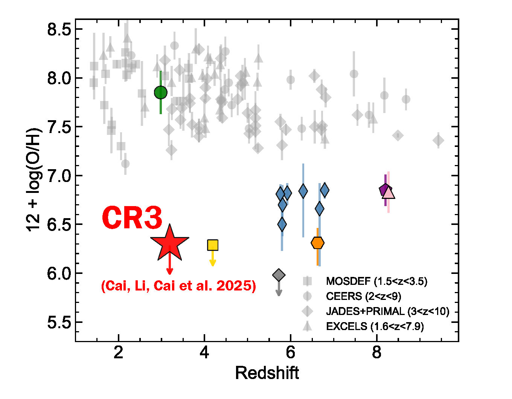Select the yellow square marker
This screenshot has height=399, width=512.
tap(213, 245)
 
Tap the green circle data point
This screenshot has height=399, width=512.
tap(161, 92)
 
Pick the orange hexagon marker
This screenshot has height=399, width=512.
tap(318, 243)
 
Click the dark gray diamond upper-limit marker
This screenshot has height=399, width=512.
tap(279, 275)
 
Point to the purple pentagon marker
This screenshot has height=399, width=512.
tap(384, 190)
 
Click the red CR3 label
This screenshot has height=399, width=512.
tap(132, 218)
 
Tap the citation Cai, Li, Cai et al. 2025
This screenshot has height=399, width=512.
tap(178, 286)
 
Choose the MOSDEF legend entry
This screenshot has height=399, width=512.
tap(376, 281)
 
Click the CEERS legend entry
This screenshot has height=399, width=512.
tap(363, 296)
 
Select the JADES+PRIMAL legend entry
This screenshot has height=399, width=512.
tap(387, 311)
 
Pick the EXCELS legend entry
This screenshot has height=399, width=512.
tap(375, 326)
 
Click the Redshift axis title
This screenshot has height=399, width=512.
tap(267, 373)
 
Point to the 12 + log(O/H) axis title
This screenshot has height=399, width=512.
tap(34, 179)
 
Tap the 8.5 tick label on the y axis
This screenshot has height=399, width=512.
tap(59, 29)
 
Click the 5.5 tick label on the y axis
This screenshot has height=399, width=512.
tap(59, 322)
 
